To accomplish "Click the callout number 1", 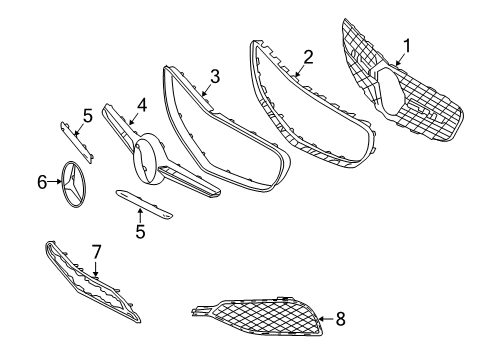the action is [407, 46].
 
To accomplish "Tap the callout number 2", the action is [309, 57].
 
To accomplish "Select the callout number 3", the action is [215, 76].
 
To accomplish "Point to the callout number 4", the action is [142, 105].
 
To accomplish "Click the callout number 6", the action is [42, 182].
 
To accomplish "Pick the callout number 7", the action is [96, 252].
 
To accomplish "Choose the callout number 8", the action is [341, 319].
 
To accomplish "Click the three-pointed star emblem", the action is [74, 185].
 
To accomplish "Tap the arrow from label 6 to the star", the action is [55, 182].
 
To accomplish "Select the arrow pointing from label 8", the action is [327, 319].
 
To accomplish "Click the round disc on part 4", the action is [148, 159].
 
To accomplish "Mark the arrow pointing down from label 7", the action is [96, 269].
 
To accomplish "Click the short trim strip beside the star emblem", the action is [77, 142].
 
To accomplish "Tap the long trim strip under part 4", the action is [144, 204].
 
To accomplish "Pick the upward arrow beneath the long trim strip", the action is [140, 216].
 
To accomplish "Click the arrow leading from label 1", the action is [400, 59].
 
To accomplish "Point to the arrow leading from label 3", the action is [207, 90].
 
